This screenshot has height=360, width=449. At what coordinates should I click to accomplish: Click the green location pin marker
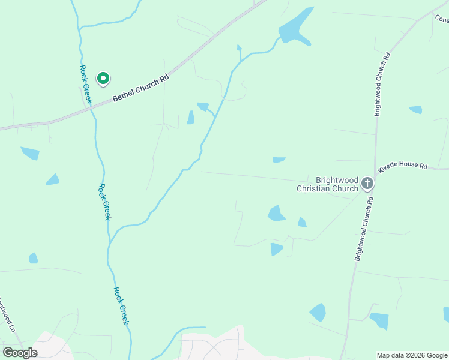click(x=103, y=79)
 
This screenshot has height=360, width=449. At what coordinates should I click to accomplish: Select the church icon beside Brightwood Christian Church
click(x=367, y=184)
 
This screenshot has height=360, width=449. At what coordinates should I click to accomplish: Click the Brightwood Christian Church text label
click(x=327, y=184)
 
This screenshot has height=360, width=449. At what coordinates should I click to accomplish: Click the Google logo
click(x=20, y=353)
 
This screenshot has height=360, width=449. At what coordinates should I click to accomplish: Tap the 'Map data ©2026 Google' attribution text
click(x=412, y=355)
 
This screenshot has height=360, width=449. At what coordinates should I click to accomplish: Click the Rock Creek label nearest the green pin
click(x=85, y=83)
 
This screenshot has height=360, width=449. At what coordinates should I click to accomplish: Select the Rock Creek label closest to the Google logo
click(x=121, y=306)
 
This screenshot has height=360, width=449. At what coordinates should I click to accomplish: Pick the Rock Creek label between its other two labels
click(x=104, y=202)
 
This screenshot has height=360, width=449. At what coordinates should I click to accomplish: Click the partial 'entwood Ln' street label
click(x=5, y=315)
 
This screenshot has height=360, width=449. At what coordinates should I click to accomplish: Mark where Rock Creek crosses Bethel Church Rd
click(x=91, y=103)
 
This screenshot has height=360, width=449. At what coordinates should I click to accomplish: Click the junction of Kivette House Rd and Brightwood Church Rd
click(x=376, y=167)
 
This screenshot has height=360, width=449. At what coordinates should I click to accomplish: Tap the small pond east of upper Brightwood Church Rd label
click(x=415, y=110)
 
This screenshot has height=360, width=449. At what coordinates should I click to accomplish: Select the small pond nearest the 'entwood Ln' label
click(x=34, y=258)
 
